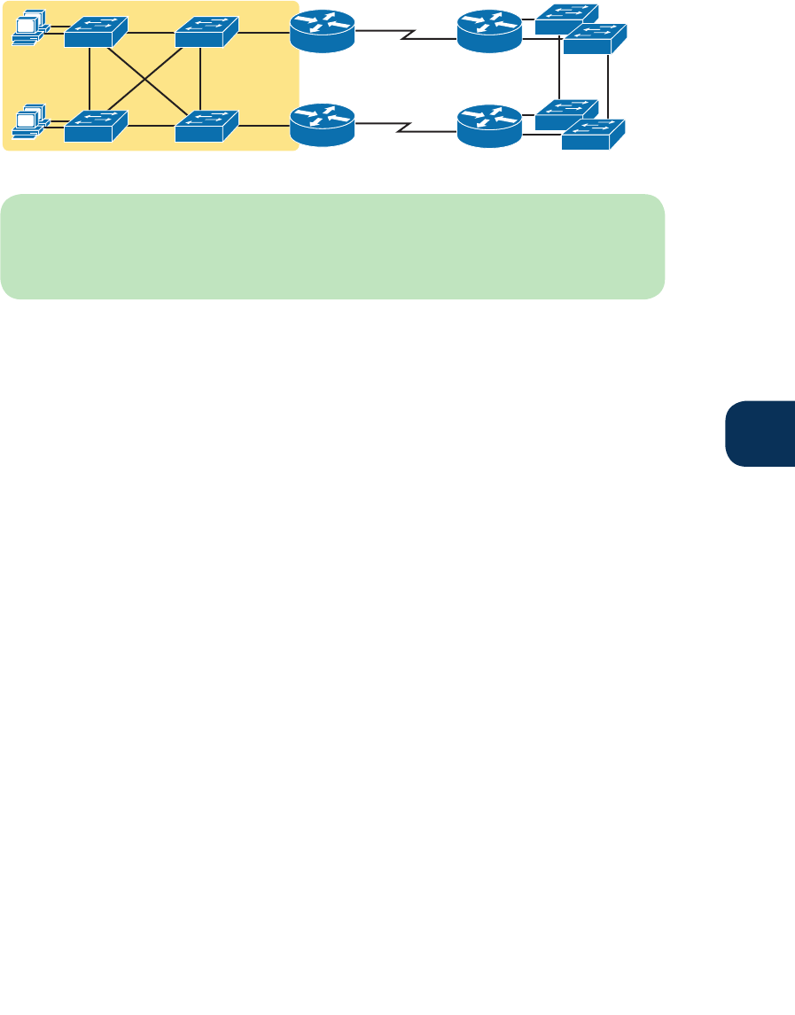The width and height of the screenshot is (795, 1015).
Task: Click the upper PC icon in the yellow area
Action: tap(29, 29)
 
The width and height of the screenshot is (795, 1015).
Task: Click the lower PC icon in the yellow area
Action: tap(29, 124)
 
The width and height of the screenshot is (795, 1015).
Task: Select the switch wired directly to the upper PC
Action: tap(96, 32)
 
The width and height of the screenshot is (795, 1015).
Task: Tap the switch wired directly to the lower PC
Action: tap(96, 126)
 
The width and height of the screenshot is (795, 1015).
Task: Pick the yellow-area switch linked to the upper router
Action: tap(207, 32)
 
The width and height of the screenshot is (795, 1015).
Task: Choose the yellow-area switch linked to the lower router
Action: tap(207, 126)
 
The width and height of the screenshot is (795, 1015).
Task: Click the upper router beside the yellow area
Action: tap(323, 33)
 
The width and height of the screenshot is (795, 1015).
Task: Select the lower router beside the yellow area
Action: tap(323, 125)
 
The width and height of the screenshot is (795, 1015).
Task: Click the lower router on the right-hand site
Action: tap(489, 125)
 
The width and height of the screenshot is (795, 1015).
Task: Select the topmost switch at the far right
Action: tap(565, 19)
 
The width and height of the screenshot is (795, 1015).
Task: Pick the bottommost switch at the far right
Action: tap(593, 135)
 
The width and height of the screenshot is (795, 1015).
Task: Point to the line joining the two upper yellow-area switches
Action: tap(151, 34)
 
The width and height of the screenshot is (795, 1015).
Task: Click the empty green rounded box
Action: tap(332, 246)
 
